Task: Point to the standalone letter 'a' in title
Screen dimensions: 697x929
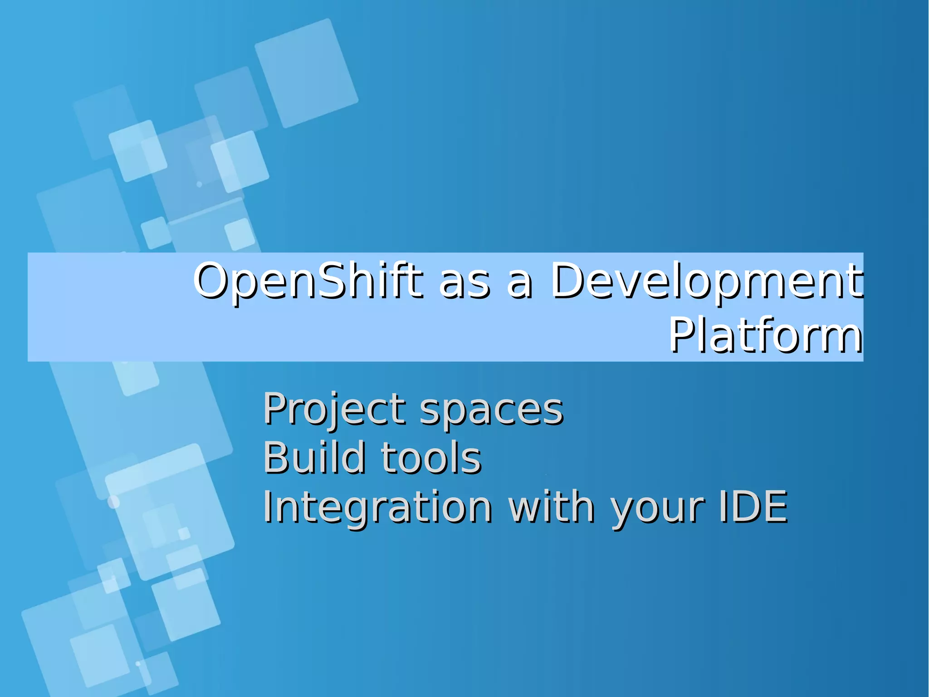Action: click(519, 285)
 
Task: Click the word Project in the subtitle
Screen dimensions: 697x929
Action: click(334, 410)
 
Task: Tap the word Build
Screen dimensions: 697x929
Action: click(314, 458)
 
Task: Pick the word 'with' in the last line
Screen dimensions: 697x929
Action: click(551, 507)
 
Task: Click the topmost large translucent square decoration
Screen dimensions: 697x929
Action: click(306, 73)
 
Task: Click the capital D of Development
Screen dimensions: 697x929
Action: click(569, 281)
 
